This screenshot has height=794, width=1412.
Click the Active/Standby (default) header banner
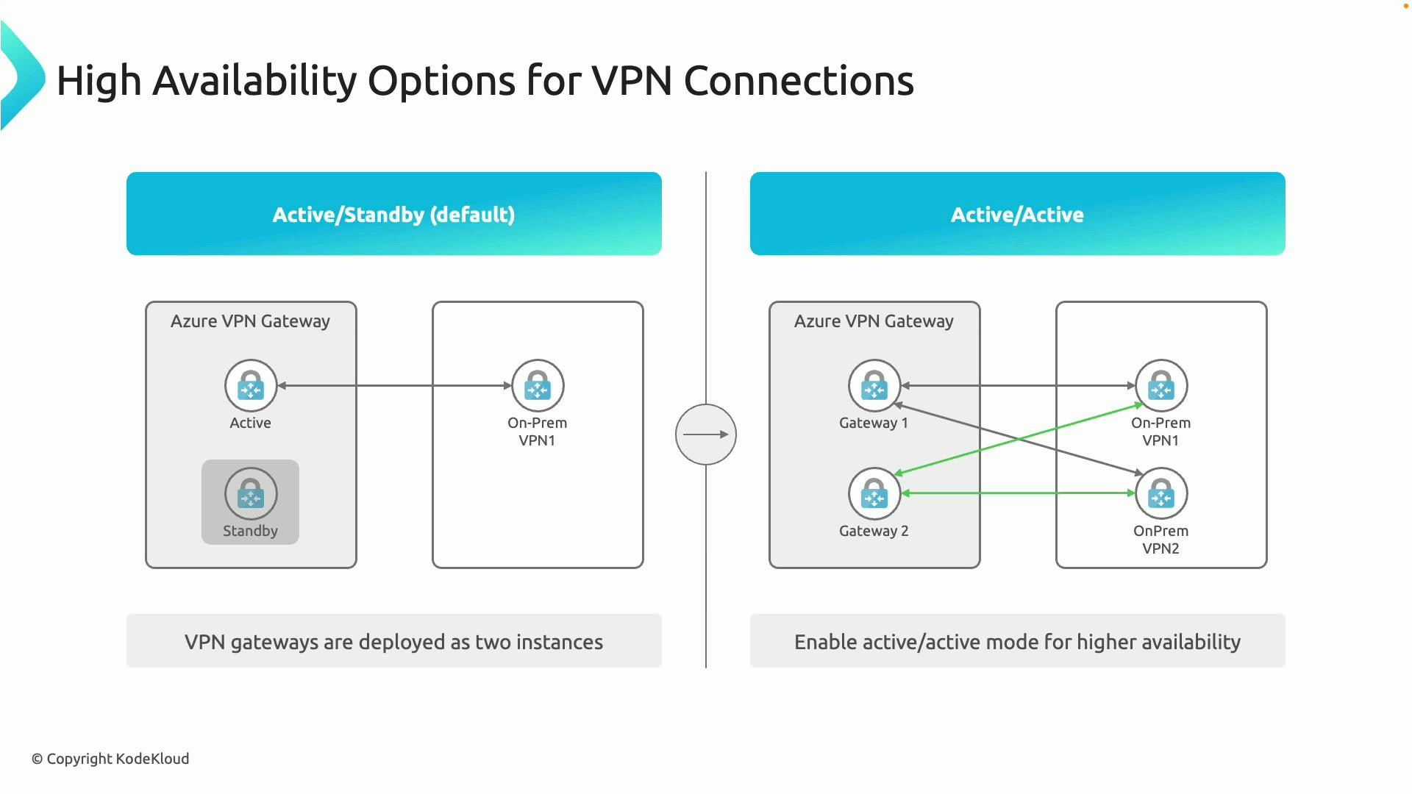point(393,214)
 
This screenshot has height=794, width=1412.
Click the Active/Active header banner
point(1017,214)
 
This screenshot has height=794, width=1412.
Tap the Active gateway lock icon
point(251,385)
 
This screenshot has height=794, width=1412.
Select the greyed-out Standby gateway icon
point(251,493)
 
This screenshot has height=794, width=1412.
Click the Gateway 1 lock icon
point(874,385)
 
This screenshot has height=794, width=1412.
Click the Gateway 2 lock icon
point(874,493)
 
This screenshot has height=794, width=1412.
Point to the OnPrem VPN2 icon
point(1160,493)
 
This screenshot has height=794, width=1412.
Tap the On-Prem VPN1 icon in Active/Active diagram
point(1160,385)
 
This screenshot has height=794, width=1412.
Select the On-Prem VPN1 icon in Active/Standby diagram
point(538,385)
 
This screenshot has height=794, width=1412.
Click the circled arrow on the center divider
point(705,434)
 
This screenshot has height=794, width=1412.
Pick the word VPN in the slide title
point(632,81)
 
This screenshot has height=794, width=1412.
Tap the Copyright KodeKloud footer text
point(110,759)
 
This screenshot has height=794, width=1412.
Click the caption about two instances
point(393,642)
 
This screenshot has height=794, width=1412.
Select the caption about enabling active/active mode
point(1017,642)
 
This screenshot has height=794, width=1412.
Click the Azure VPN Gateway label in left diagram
point(250,321)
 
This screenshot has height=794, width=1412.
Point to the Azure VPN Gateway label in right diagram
point(874,321)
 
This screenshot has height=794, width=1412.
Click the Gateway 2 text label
point(874,531)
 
